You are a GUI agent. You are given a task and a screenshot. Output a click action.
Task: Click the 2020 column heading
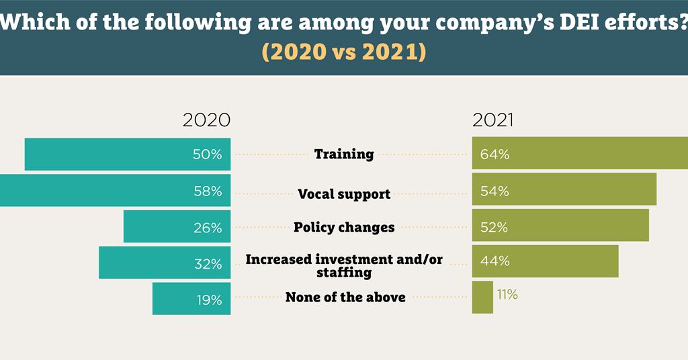(x=206, y=120)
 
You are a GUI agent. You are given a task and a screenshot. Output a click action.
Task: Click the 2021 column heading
(x=492, y=120)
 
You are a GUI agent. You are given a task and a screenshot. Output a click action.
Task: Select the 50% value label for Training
(x=207, y=154)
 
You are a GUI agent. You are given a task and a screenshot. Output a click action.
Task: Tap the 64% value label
(x=494, y=154)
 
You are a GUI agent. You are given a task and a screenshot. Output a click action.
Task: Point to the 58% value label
(x=207, y=191)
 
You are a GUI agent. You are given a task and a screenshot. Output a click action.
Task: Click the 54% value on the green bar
(x=494, y=191)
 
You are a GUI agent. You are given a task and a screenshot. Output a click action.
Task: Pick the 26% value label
(x=207, y=227)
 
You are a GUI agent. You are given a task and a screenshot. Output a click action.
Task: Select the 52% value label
(x=494, y=227)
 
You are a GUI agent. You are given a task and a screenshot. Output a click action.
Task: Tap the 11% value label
(x=507, y=294)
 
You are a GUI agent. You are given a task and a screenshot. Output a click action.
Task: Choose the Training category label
(x=344, y=154)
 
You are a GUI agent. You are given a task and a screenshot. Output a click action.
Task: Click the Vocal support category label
(x=344, y=194)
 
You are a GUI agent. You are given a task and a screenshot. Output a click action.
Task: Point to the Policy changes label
(x=344, y=227)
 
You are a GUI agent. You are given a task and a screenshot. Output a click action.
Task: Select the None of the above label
(x=345, y=297)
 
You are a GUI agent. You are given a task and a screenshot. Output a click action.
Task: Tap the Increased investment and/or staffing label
(x=344, y=266)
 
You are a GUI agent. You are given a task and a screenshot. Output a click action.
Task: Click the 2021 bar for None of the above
(x=482, y=297)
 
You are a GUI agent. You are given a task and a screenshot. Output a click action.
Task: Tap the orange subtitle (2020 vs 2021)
(x=344, y=52)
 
